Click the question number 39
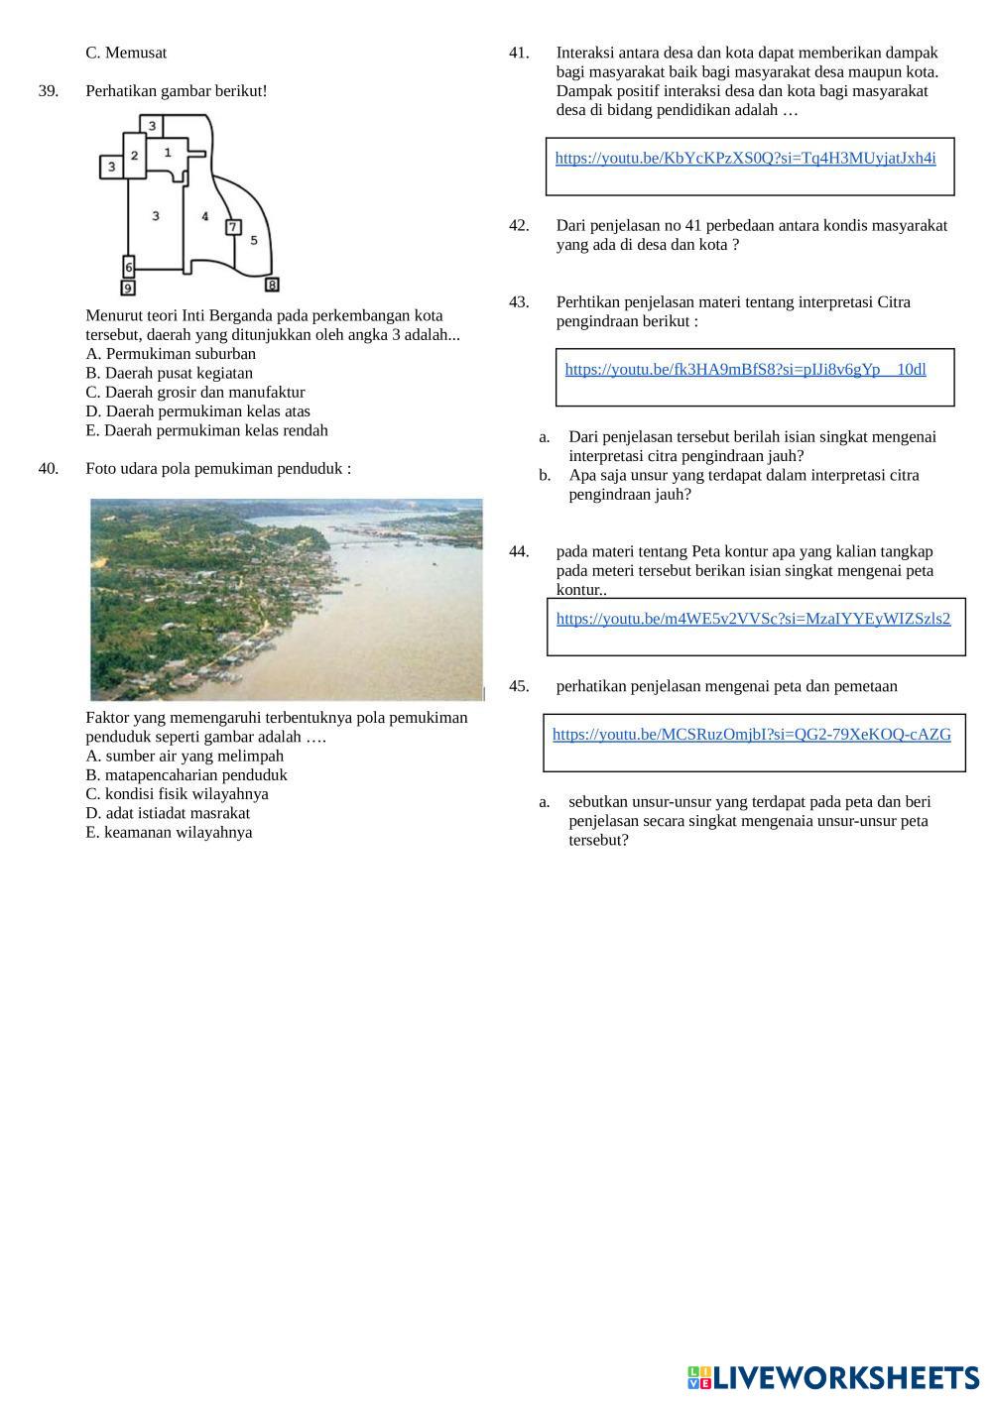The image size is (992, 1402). point(49,91)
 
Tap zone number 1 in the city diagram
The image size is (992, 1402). point(168,152)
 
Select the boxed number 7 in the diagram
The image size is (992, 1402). point(233,227)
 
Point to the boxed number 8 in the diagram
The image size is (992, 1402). point(272,286)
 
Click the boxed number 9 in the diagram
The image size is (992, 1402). point(128,288)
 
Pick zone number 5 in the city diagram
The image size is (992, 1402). point(254,240)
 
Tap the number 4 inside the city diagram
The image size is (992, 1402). point(204,215)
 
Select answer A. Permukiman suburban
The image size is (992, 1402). point(171,354)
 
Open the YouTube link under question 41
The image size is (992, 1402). point(745,159)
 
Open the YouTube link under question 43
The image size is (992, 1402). point(745,370)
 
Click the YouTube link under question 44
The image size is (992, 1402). point(753,619)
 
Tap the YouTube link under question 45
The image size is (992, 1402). point(751,735)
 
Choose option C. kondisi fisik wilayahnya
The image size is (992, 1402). point(177,794)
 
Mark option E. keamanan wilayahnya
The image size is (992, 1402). point(169,833)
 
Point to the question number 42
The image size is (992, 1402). point(519,226)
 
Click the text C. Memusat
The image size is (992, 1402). point(126,53)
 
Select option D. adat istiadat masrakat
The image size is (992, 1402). point(168,813)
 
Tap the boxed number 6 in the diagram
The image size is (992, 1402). point(129,267)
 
